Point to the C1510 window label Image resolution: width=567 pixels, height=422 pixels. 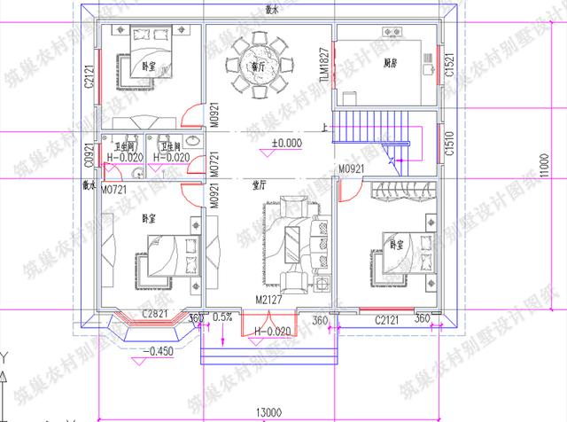(450, 140)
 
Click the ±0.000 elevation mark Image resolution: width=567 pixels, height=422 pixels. (286, 142)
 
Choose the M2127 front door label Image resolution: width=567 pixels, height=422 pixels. (268, 301)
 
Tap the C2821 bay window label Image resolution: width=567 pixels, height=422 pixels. (156, 315)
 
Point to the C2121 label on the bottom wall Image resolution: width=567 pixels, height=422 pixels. (391, 318)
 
